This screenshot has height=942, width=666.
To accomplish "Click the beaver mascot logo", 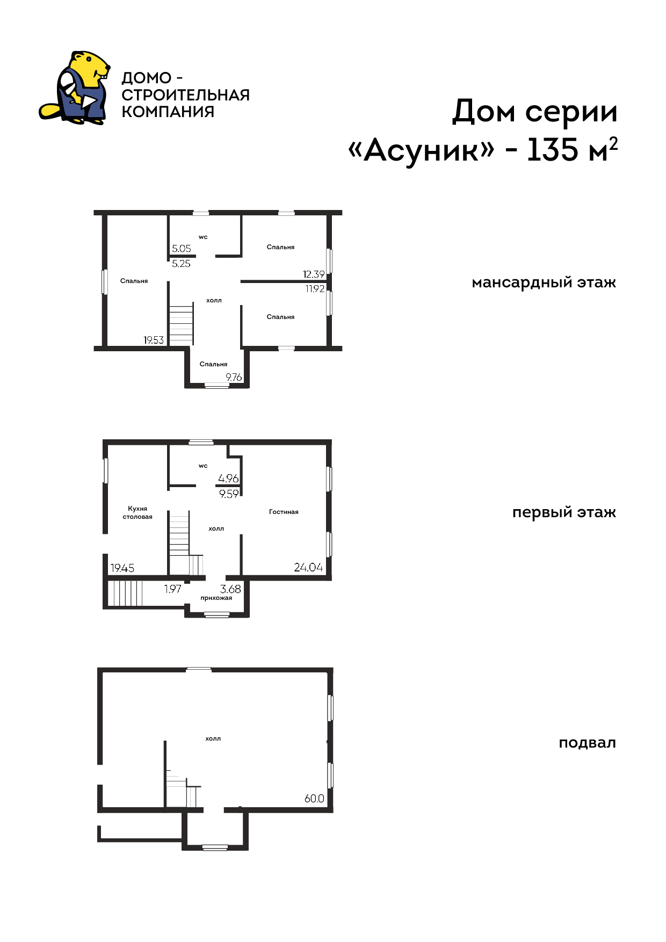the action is (75, 88).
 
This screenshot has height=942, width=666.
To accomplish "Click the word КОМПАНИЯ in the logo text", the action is (168, 112).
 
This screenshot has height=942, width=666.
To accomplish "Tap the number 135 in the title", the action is (553, 149).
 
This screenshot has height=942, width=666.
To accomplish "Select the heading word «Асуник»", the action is (421, 150).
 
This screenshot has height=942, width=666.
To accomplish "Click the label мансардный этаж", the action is (544, 282).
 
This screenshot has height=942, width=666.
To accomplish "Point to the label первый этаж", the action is (564, 512).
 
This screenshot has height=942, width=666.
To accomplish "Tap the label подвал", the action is (587, 743).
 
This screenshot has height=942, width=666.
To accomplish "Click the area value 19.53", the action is (154, 340).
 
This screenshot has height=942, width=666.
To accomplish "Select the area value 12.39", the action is (314, 274).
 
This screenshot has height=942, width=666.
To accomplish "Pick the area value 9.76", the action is (234, 377).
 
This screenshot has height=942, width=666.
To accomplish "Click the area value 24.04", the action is (308, 567).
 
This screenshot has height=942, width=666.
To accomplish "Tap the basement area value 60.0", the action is (314, 799).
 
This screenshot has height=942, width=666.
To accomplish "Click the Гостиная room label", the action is (284, 512).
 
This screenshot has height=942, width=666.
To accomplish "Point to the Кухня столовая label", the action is (137, 513).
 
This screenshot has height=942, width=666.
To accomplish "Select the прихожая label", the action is (216, 598).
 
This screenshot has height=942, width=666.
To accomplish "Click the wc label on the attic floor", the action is (203, 237).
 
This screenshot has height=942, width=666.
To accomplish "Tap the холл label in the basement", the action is (213, 739).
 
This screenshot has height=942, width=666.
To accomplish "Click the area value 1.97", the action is (172, 589).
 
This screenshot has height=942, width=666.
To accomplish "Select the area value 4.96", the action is (228, 478).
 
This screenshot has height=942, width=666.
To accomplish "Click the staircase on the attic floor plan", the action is (181, 325).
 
